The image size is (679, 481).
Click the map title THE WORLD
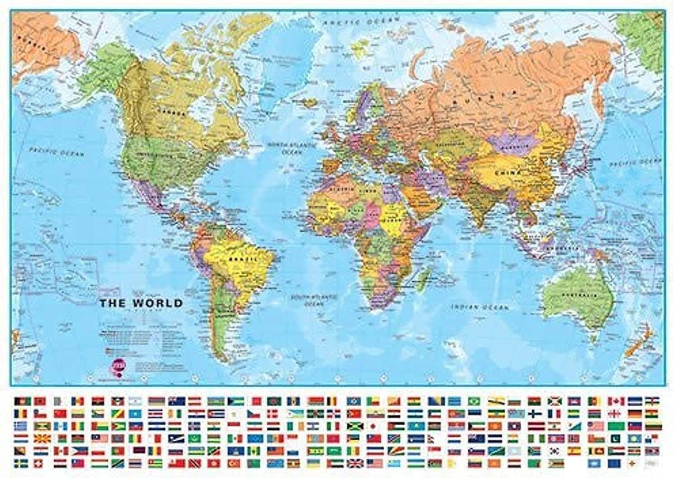(141, 303)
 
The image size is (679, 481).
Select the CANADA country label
(172, 112)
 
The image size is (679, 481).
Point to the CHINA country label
(508, 173)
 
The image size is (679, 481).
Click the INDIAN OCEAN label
(480, 307)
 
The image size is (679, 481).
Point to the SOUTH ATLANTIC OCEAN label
(314, 301)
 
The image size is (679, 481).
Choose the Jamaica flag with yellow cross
(355, 426)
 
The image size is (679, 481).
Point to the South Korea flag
(555, 451)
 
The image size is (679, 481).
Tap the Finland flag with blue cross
(535, 414)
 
